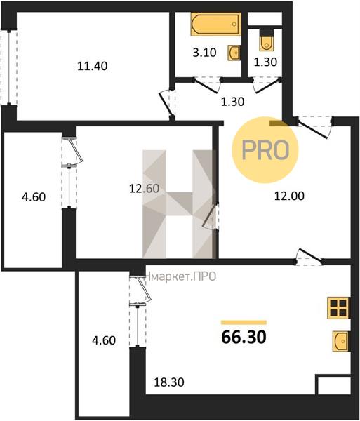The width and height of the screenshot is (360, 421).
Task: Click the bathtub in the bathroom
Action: coord(216,24)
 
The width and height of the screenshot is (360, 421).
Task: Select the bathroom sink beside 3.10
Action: coord(234,53)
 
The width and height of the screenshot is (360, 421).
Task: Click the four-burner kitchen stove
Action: coord(338,308)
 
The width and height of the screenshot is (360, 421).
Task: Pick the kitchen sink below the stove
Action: coord(340,341)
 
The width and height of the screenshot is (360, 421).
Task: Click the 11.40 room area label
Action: coord(93,66)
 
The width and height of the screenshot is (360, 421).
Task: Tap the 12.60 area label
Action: coord(144,188)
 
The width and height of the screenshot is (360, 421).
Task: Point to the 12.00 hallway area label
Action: coord(289,196)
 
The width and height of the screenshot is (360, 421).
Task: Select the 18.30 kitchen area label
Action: coord(169,382)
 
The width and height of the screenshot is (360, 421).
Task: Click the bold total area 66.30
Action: coord(244,337)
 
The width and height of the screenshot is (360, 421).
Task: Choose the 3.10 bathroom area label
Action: coord(205,53)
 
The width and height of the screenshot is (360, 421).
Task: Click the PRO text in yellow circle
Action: coord(265,150)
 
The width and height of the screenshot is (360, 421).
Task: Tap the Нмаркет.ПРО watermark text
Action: coord(180,276)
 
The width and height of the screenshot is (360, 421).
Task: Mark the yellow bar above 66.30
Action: coord(244,323)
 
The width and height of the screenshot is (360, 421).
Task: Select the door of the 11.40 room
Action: coord(167,104)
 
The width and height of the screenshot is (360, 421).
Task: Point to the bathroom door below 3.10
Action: coord(207,85)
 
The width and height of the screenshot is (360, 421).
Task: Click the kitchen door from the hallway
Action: coord(309,257)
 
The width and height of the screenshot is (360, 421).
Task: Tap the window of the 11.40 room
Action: coord(9,67)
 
